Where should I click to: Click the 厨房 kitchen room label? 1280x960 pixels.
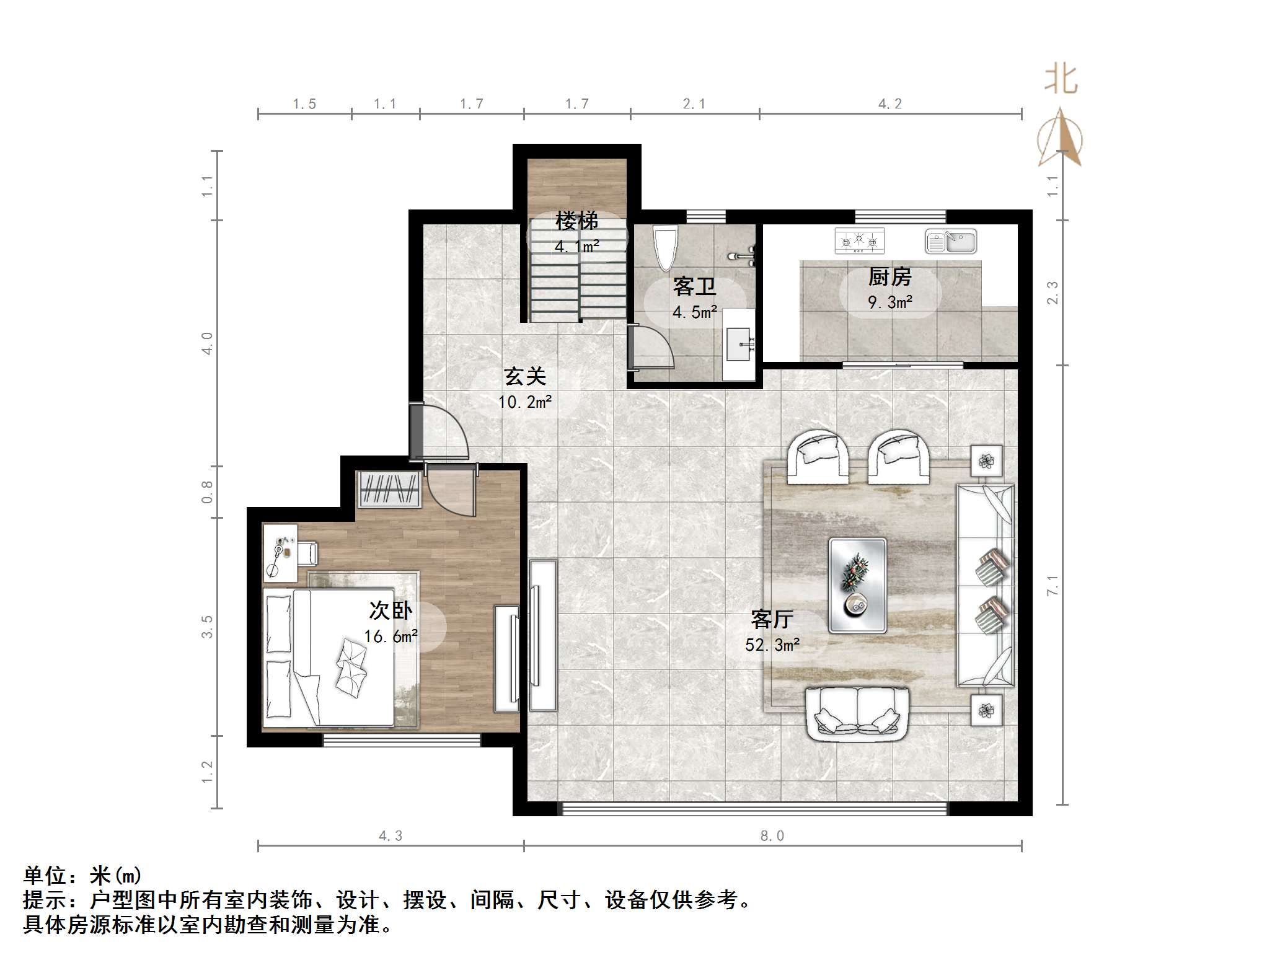(x=889, y=276)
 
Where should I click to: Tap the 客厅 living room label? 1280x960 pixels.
(x=772, y=619)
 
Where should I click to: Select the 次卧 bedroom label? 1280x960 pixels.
(x=390, y=610)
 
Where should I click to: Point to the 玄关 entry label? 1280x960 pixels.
(x=524, y=376)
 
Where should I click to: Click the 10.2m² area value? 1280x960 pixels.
(x=524, y=402)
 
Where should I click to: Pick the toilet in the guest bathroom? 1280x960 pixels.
(x=666, y=247)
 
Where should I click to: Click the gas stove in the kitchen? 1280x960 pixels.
(x=859, y=240)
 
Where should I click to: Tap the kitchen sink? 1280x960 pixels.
(x=951, y=241)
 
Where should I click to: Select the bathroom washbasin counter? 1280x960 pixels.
(x=739, y=344)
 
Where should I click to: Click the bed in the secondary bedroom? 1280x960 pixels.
(x=329, y=657)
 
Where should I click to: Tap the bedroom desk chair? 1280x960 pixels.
(x=307, y=553)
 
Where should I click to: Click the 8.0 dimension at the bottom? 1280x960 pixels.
(x=772, y=836)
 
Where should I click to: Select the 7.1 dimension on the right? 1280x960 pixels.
(x=1053, y=585)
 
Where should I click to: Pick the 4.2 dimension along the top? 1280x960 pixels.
(x=889, y=104)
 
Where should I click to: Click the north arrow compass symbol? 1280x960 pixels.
(x=1061, y=139)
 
